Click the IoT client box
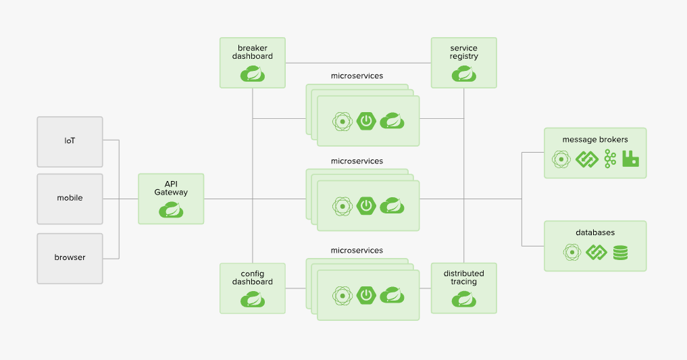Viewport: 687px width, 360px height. [x=70, y=142]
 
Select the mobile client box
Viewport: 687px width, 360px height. [x=70, y=199]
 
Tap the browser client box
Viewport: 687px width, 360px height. [x=70, y=259]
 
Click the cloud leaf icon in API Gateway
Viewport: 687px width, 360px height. [x=171, y=210]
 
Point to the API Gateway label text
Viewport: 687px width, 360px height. [x=171, y=188]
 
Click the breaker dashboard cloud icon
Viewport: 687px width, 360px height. [x=253, y=74]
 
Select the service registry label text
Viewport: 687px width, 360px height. [x=463, y=52]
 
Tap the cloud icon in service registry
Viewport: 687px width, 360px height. [x=464, y=74]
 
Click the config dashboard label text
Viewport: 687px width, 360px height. [x=253, y=278]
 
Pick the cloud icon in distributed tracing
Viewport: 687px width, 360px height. [x=464, y=299]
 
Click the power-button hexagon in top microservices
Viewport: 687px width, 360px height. [x=366, y=121]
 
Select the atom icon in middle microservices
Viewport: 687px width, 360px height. [x=342, y=206]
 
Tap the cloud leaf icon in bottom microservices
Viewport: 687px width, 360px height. [x=392, y=296]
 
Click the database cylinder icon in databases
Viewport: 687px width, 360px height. [x=620, y=253]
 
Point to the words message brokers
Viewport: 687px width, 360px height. [x=595, y=140]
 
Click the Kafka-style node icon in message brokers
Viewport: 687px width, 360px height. [x=610, y=159]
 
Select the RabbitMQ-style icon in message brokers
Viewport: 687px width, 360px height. [x=630, y=159]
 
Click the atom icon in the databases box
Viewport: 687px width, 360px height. [x=571, y=252]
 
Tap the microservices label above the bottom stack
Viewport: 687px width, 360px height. [x=357, y=251]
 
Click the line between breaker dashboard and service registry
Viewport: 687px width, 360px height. [x=359, y=63]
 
